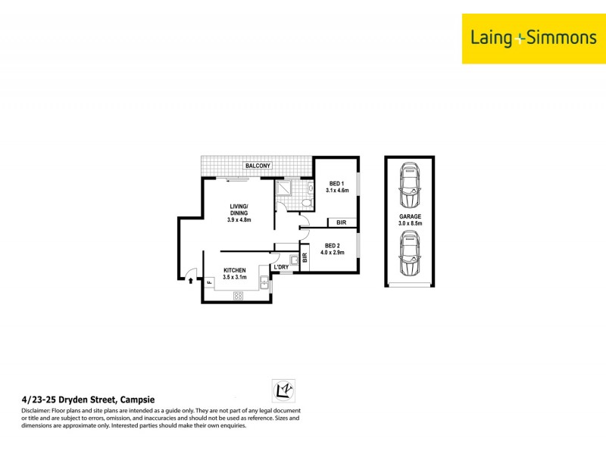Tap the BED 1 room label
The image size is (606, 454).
(x=337, y=187)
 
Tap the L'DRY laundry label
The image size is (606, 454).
(x=282, y=267)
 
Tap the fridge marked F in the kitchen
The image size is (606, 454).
(x=209, y=282)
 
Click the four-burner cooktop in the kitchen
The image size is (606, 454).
(x=237, y=296)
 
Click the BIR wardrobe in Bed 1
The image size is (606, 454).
(x=342, y=222)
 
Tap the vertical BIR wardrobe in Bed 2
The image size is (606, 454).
(x=305, y=257)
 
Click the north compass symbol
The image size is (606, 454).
(x=283, y=390)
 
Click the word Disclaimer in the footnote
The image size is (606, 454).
(x=40, y=410)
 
